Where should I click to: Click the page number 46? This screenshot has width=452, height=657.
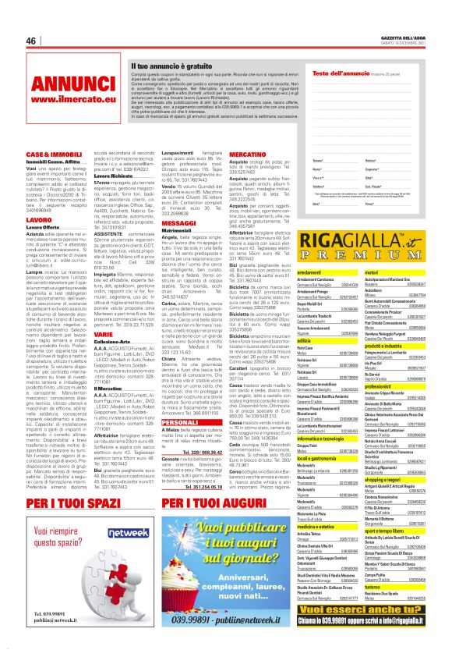(x=32, y=40)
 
